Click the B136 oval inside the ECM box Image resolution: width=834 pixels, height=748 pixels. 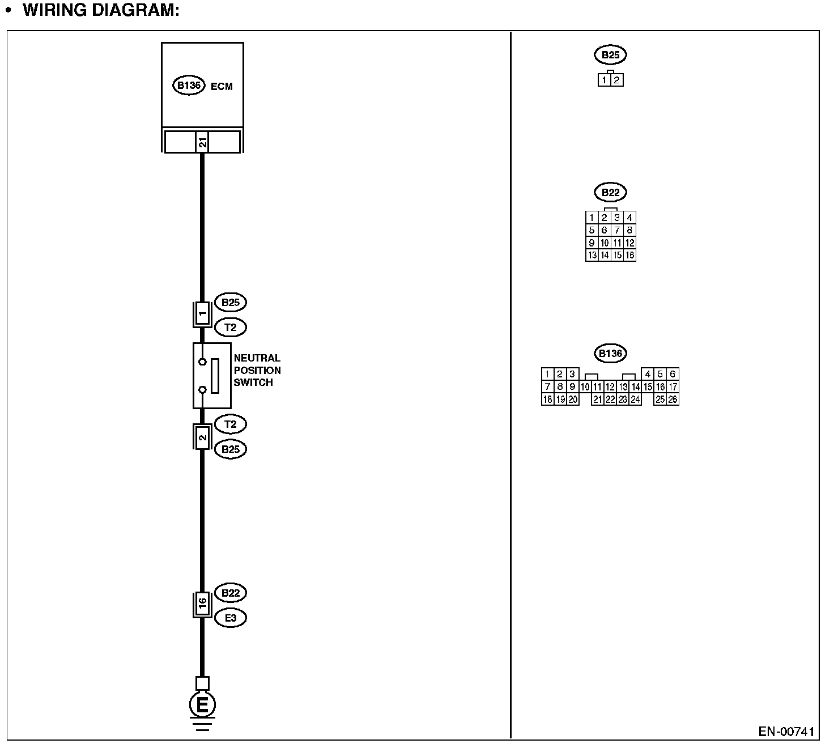(x=188, y=86)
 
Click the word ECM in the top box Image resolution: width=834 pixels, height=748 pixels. (x=222, y=87)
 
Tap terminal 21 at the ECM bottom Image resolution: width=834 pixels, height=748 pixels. (x=202, y=142)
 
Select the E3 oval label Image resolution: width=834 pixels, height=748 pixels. (x=231, y=618)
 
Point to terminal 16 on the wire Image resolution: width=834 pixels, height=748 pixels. (x=202, y=605)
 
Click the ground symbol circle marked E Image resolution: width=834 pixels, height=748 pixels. (x=202, y=705)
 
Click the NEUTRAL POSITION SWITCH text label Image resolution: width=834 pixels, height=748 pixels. (x=257, y=370)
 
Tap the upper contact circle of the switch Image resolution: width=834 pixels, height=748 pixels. (x=202, y=361)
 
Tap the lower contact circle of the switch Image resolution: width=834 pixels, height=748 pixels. (x=202, y=390)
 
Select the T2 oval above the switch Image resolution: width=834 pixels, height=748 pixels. (x=231, y=327)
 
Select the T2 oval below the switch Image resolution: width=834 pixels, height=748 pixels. (x=231, y=424)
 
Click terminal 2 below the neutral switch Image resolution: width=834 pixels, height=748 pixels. (x=202, y=437)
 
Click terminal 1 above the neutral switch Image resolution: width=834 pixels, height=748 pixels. (x=202, y=314)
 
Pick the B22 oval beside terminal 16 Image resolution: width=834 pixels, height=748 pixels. (x=231, y=593)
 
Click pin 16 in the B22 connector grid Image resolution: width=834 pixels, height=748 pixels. (x=629, y=255)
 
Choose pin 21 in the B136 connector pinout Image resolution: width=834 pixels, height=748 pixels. (x=597, y=399)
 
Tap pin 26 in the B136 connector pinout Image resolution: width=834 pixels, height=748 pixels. (x=673, y=399)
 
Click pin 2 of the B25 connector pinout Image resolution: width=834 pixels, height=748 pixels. (x=617, y=80)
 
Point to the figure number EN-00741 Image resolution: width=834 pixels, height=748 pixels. (x=786, y=732)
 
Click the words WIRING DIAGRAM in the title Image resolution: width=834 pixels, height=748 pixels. (x=101, y=10)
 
